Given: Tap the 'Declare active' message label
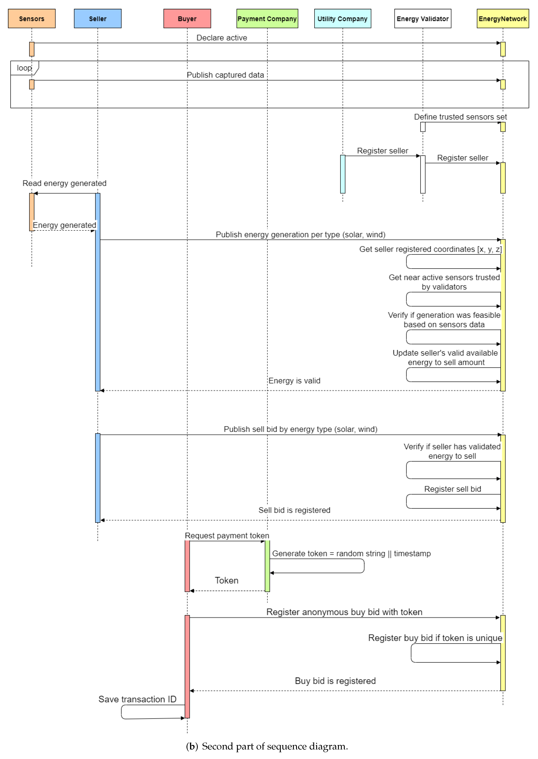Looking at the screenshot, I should coord(222,38).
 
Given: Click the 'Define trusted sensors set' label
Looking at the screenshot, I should coord(460,117).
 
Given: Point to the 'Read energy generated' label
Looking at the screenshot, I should coord(64,183).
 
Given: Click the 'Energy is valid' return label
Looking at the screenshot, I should coord(294,381).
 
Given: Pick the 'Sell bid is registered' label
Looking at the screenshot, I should coord(294,510).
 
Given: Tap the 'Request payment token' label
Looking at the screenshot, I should coord(227,536).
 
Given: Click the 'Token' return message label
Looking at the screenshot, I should coord(227,580).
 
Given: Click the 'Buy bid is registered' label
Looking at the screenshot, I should coord(335,681).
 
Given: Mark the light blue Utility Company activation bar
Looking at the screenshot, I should coord(343,174).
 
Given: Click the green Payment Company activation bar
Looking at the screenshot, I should coord(267,566).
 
